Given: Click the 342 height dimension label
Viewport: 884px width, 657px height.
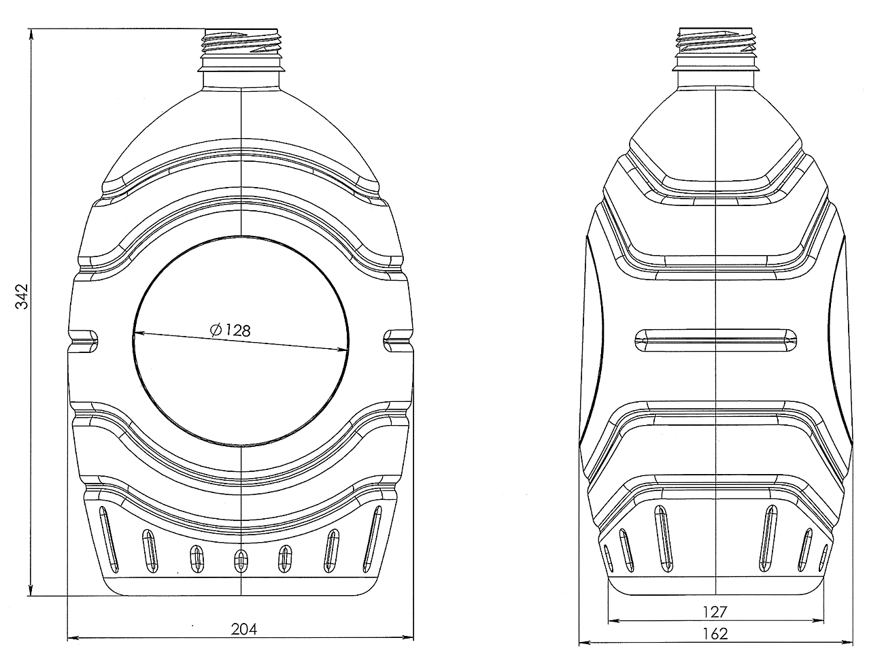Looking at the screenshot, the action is pos(22,297).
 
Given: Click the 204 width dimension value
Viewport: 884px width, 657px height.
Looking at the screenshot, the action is pos(244,630).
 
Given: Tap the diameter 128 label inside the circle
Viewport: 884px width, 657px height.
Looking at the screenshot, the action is pos(231,330).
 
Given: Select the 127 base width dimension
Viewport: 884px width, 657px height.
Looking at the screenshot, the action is pos(715,612).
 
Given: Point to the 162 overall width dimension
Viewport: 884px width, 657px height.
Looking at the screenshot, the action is pos(715,634).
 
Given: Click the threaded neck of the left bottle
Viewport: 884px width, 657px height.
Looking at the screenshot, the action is pos(241,41).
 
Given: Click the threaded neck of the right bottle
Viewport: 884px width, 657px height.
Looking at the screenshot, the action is pos(716,41).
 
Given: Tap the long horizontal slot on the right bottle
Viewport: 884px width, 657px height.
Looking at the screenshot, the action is pos(715,341).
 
